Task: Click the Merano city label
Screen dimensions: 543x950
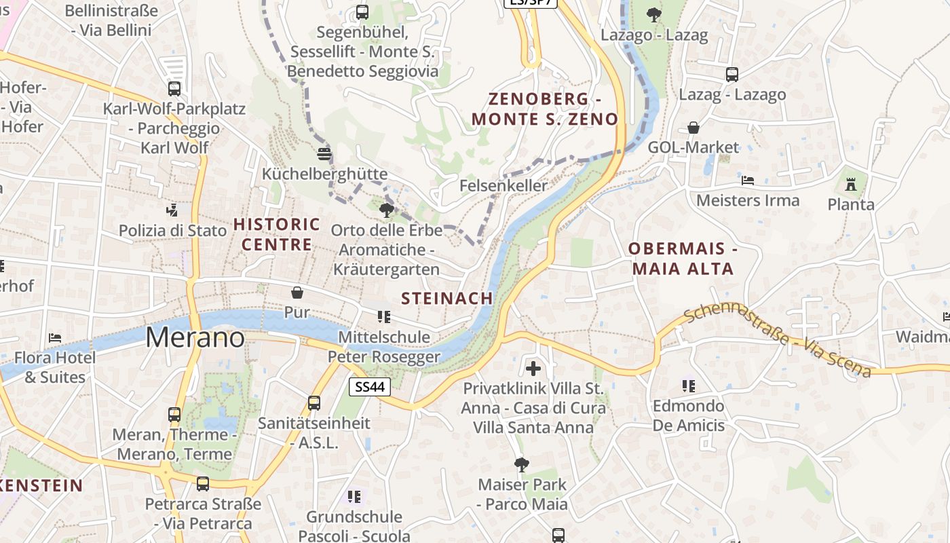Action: click(x=195, y=337)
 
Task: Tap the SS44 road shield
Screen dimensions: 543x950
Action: click(x=370, y=387)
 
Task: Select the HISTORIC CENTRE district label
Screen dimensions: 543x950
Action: click(x=276, y=234)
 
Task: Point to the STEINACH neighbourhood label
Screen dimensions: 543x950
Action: click(x=446, y=299)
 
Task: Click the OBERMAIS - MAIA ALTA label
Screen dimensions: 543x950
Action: click(x=683, y=259)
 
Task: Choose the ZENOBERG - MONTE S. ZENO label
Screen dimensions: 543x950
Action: click(x=545, y=109)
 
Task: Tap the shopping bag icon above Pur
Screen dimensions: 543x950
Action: click(x=297, y=293)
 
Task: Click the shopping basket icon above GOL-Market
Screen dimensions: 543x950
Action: click(x=693, y=128)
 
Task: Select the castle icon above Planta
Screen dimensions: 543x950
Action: click(x=851, y=183)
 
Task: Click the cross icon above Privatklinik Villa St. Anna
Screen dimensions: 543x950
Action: click(x=533, y=369)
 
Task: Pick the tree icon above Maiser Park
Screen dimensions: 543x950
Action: click(x=522, y=465)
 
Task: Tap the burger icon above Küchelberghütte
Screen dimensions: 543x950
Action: click(x=324, y=154)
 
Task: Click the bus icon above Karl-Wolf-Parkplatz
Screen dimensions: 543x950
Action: click(x=174, y=88)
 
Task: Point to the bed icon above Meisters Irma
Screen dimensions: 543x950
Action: click(x=748, y=181)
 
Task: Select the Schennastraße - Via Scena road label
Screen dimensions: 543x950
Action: click(x=777, y=341)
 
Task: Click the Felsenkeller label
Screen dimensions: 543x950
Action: click(x=503, y=185)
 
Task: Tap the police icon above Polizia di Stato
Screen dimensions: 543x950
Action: click(x=173, y=210)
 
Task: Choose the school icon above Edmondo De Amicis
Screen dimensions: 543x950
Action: click(x=689, y=386)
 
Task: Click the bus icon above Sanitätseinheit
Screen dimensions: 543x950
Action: click(x=314, y=402)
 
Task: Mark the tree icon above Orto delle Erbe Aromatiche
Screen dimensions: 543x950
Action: click(x=387, y=210)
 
